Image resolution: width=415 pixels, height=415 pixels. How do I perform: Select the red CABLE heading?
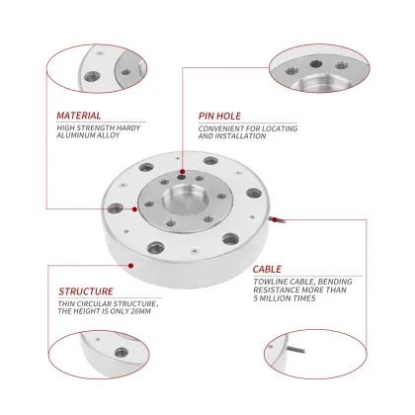tap(266, 268)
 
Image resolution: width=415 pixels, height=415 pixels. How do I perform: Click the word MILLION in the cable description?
tap(277, 297)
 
